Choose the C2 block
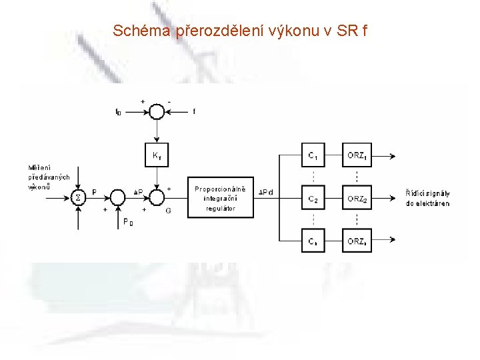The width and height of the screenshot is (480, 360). pyautogui.click(x=313, y=199)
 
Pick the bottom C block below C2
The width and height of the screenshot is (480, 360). pyautogui.click(x=313, y=241)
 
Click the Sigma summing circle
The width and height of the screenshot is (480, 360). pyautogui.click(x=79, y=197)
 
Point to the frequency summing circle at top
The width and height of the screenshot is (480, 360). pyautogui.click(x=156, y=111)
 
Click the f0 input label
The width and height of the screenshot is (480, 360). pyautogui.click(x=118, y=112)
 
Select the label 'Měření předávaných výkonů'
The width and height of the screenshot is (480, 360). pyautogui.click(x=48, y=177)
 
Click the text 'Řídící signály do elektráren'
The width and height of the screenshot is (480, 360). pyautogui.click(x=427, y=197)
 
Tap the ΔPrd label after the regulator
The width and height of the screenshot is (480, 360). pyautogui.click(x=266, y=193)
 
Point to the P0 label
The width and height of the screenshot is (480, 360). pyautogui.click(x=127, y=223)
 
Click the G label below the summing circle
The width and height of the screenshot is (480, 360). pyautogui.click(x=167, y=209)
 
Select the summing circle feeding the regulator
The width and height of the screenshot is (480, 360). pyautogui.click(x=156, y=197)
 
